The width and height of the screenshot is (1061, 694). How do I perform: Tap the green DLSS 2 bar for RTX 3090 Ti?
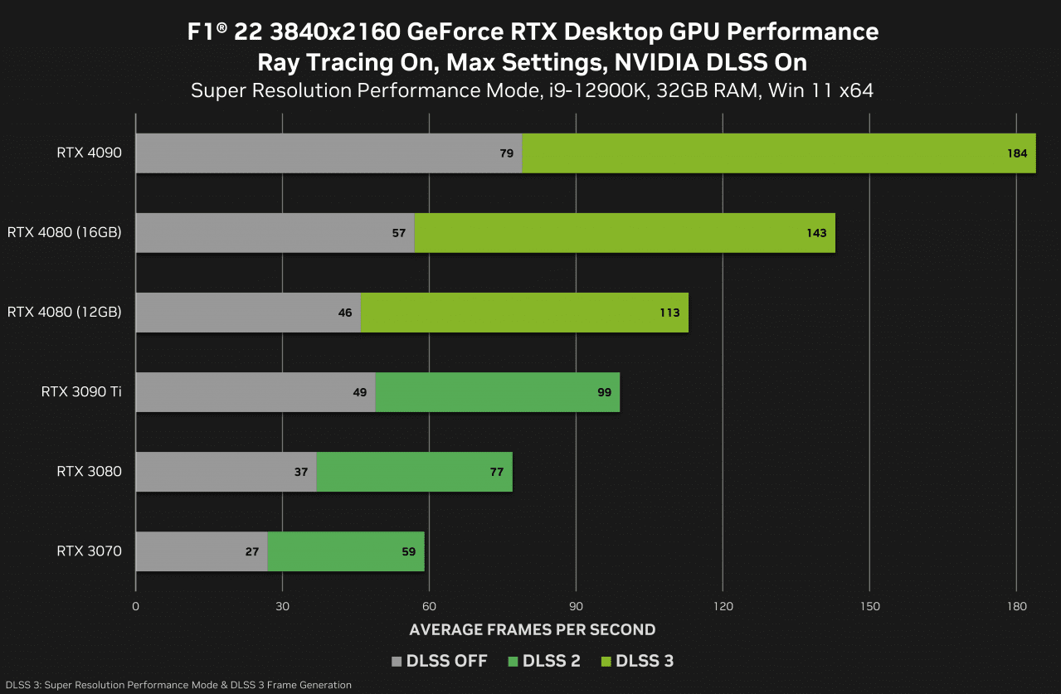(x=498, y=392)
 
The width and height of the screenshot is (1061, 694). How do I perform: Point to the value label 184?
(x=1017, y=153)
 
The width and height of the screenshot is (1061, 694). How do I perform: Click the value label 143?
(x=816, y=233)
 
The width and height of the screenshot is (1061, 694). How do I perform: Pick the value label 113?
(x=669, y=313)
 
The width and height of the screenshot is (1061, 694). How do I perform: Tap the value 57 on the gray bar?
(x=399, y=233)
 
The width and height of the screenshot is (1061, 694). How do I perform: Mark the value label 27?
(x=252, y=551)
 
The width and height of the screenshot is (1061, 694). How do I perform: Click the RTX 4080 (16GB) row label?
(x=65, y=233)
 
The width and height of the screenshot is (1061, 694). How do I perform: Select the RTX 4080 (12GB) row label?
(x=65, y=313)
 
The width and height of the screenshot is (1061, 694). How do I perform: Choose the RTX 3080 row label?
(x=89, y=472)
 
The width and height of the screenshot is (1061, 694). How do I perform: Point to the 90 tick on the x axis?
(x=577, y=606)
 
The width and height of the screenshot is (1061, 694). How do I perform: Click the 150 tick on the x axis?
(x=869, y=606)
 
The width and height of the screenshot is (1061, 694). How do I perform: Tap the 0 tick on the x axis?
(x=135, y=606)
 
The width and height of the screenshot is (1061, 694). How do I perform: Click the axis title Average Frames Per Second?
(x=533, y=630)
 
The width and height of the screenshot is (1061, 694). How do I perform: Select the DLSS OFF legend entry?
(x=439, y=661)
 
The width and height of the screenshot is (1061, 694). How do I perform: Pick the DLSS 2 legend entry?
(x=544, y=661)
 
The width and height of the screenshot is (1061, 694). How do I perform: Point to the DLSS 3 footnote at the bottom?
(x=176, y=685)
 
